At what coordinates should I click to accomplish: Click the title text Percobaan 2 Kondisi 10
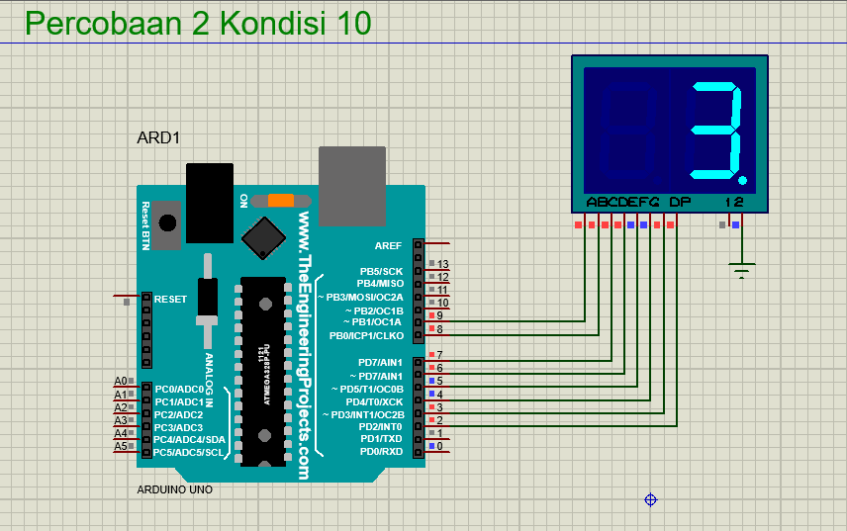198,23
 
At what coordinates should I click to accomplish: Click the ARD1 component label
158,138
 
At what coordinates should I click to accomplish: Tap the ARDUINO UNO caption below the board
174,489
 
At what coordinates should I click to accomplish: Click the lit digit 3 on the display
715,132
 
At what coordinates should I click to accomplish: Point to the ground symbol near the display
741,268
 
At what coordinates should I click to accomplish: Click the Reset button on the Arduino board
169,223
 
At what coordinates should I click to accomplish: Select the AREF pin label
388,244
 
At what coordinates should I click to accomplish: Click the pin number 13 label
442,264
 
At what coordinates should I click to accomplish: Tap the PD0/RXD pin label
382,451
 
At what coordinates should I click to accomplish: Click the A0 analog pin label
121,381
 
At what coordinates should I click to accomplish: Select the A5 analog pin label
121,446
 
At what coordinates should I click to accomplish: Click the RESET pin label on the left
170,299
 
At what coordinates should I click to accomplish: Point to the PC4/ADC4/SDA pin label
190,439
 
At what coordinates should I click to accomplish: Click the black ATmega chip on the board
262,371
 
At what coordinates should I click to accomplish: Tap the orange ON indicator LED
280,200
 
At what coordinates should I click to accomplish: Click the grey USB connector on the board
351,188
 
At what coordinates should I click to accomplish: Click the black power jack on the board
210,202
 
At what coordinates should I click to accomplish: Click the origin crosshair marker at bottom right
651,500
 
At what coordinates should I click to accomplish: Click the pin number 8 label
439,329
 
